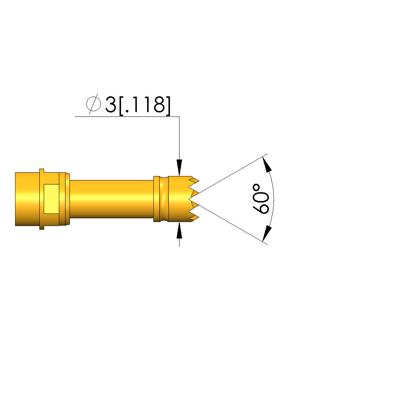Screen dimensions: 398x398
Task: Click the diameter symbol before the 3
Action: click(93, 104)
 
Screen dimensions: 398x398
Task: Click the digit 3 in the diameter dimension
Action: click(110, 104)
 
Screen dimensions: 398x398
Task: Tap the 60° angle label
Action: click(260, 199)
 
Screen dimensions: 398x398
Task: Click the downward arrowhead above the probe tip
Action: click(179, 167)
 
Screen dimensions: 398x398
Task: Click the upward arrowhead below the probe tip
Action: click(179, 230)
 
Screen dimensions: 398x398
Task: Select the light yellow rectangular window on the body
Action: click(51, 199)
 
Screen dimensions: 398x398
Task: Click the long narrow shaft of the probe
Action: click(111, 199)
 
